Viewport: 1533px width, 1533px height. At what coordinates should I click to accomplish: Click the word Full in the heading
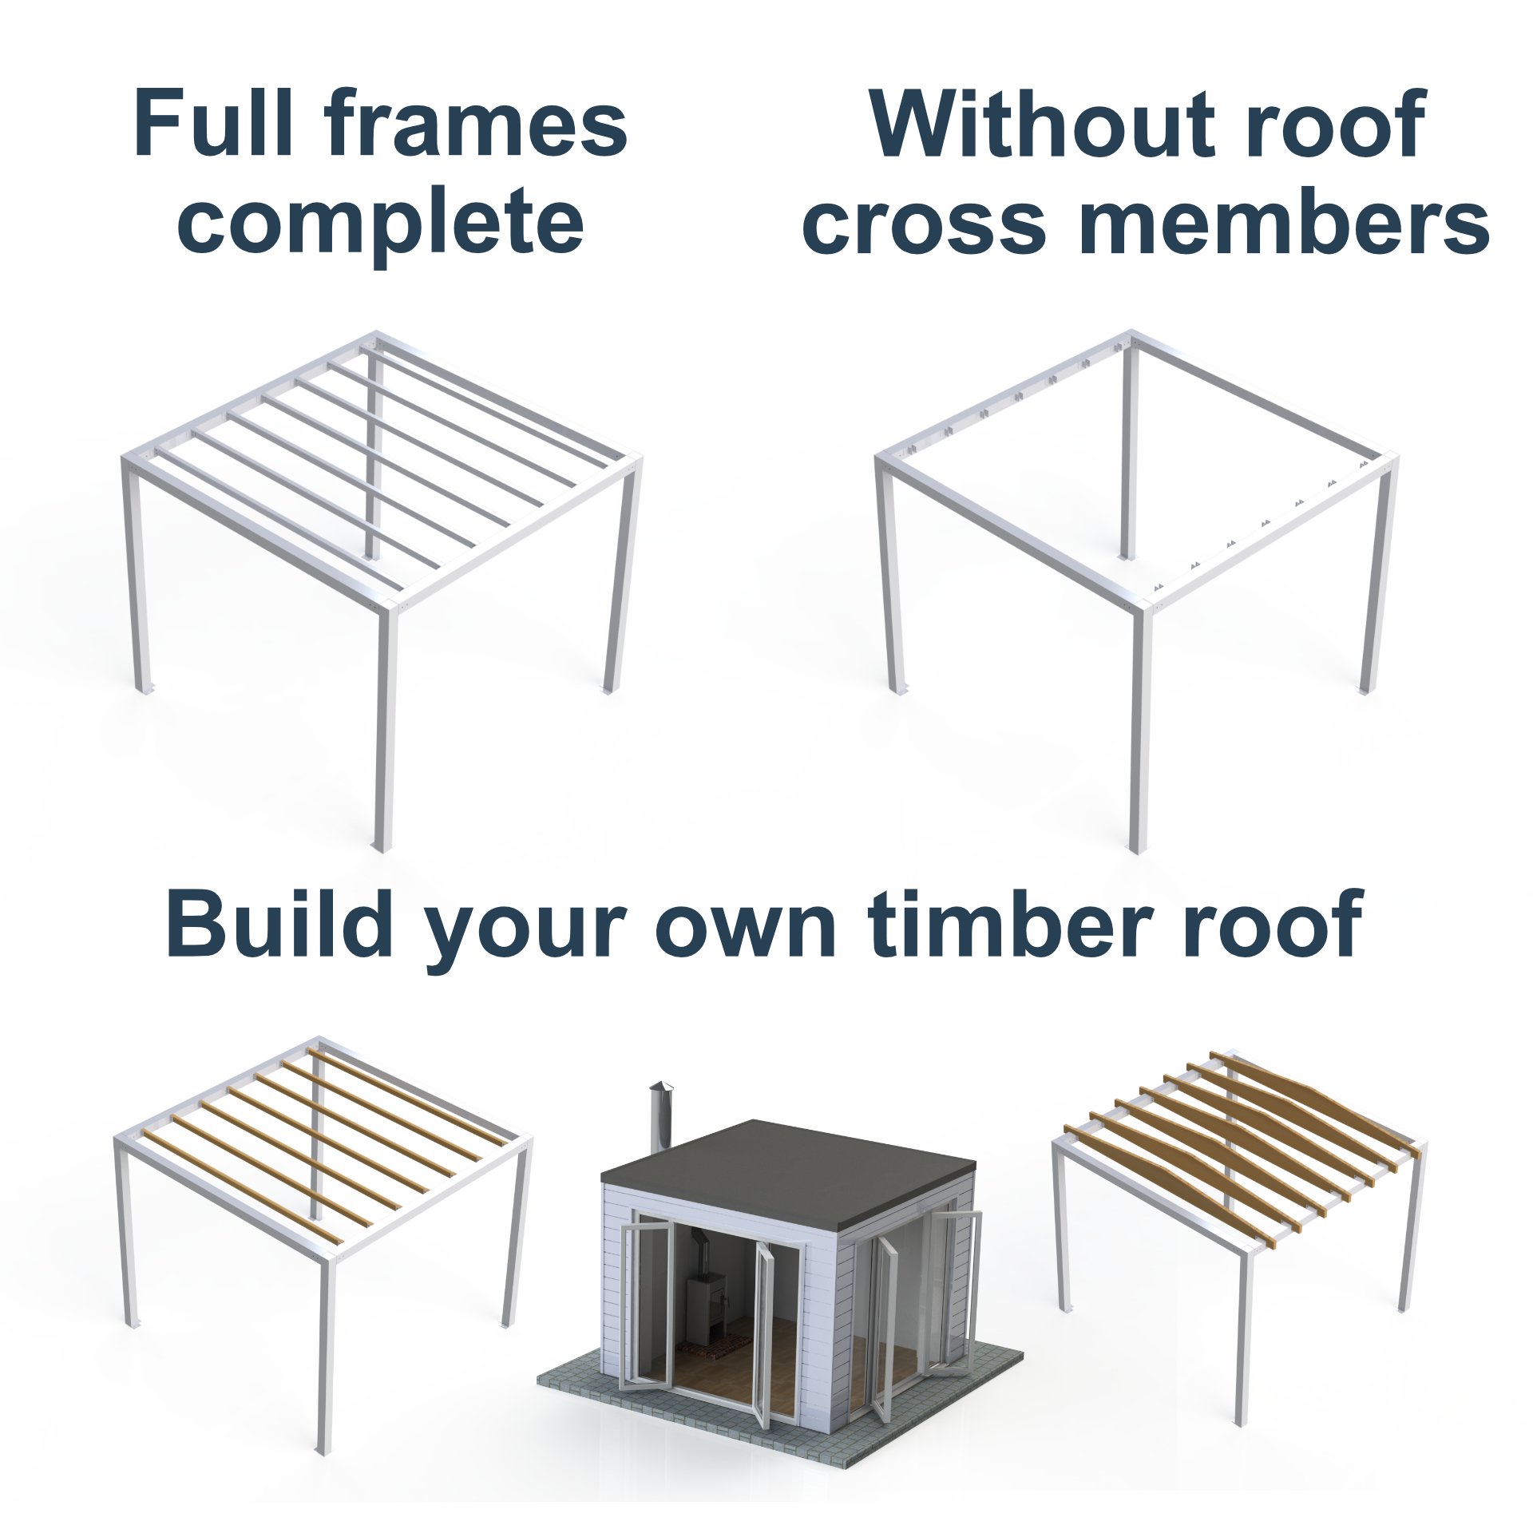212,126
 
